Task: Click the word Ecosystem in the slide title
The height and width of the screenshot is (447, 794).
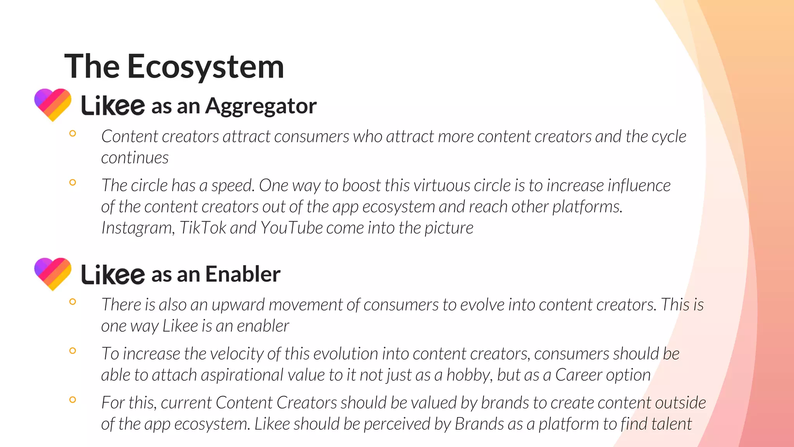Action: pyautogui.click(x=205, y=67)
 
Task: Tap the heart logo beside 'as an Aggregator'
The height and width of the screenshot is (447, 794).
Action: pyautogui.click(x=53, y=104)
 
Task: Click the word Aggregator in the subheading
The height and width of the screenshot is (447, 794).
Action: pyautogui.click(x=261, y=106)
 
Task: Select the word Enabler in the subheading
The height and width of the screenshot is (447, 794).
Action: pyautogui.click(x=243, y=274)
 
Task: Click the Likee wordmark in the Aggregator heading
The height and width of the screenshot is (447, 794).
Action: pyautogui.click(x=113, y=106)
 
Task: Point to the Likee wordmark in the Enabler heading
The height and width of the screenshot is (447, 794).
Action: pyautogui.click(x=113, y=274)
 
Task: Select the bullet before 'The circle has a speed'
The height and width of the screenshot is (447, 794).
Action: pyautogui.click(x=72, y=182)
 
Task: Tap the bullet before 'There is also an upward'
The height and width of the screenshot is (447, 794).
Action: pyautogui.click(x=72, y=301)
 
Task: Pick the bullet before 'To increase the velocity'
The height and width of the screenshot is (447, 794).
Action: pyautogui.click(x=72, y=351)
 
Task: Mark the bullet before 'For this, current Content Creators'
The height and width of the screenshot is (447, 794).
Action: pyautogui.click(x=72, y=400)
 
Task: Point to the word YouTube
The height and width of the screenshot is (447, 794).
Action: pyautogui.click(x=292, y=228)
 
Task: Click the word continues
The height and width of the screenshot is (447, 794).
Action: pyautogui.click(x=135, y=158)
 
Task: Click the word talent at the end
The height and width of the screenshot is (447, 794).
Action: pyautogui.click(x=671, y=424)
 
